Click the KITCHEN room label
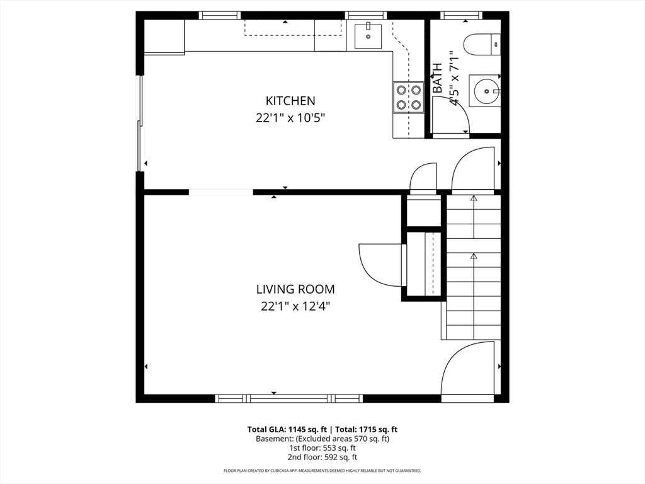[x=290, y=101]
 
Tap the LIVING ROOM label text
[x=295, y=289]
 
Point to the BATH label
[x=438, y=78]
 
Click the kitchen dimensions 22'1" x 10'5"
[x=290, y=118]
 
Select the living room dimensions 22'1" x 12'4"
[x=295, y=307]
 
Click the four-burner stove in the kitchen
[x=408, y=97]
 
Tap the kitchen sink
[x=368, y=36]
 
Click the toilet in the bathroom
[x=482, y=44]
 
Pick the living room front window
[x=288, y=398]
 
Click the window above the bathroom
[x=460, y=15]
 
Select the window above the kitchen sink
[x=366, y=15]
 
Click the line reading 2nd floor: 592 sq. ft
[x=322, y=458]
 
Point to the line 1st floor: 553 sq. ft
[x=322, y=448]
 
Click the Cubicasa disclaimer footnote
[x=322, y=470]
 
